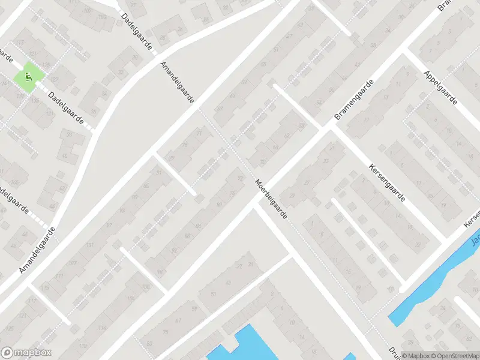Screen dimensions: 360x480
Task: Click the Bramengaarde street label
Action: tap(353, 99)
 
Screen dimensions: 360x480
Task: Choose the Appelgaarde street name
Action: tap(440, 87)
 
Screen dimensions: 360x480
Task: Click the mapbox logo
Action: tap(26, 353)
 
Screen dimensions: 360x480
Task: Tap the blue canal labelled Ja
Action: tap(432, 282)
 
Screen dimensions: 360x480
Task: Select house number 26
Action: tap(179, 29)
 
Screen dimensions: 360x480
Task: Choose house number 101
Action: tap(89, 245)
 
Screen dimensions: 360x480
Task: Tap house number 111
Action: tap(59, 275)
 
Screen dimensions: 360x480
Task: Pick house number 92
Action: tap(174, 250)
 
